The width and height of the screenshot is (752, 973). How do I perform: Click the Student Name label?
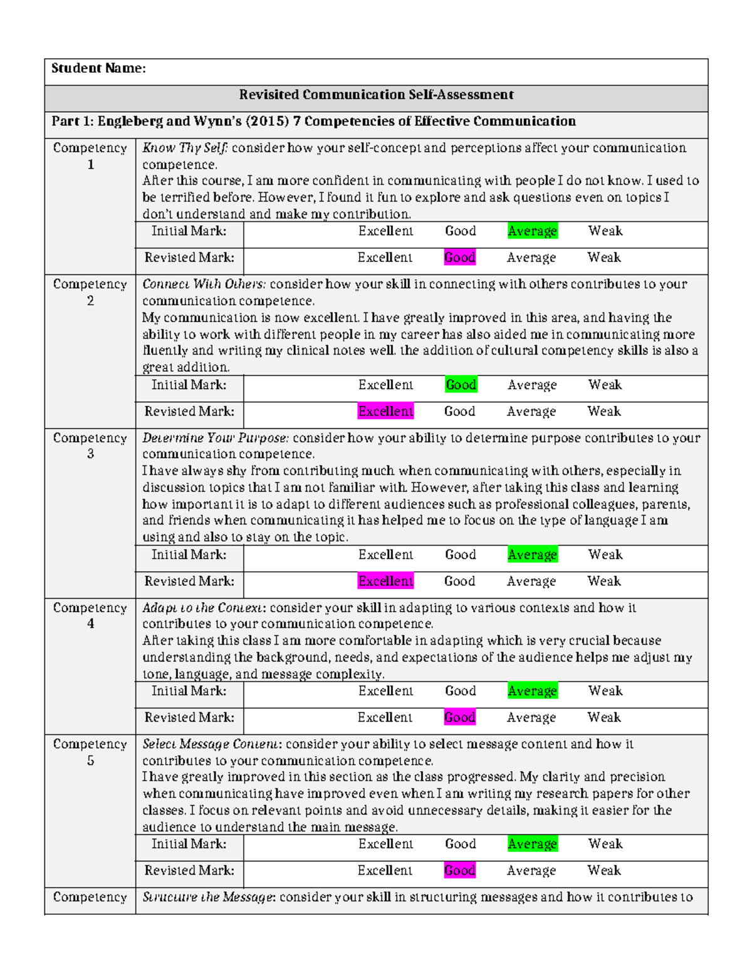[x=98, y=68]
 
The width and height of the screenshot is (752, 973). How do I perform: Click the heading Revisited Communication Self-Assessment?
[x=376, y=95]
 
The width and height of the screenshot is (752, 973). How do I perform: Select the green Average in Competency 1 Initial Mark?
[x=532, y=231]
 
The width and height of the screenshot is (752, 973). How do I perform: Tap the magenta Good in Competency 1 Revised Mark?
[x=460, y=258]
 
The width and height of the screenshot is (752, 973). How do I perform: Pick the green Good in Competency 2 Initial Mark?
[x=461, y=385]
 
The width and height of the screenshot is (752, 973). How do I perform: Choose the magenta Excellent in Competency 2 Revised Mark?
[x=385, y=412]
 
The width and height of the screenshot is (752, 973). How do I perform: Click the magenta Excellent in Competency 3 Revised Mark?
[x=385, y=581]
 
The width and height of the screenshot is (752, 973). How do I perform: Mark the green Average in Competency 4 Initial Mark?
[x=532, y=691]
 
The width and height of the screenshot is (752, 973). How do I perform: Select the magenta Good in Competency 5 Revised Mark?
[x=460, y=870]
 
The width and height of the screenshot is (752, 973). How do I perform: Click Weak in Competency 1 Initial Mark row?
[x=605, y=231]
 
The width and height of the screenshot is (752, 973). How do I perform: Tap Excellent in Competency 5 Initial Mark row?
[x=385, y=844]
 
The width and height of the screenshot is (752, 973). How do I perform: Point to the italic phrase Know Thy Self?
[x=185, y=148]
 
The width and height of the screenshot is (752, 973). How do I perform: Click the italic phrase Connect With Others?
[x=204, y=284]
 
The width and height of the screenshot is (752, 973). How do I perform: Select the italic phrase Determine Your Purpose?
[x=216, y=438]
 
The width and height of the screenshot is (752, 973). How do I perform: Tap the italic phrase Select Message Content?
[x=212, y=744]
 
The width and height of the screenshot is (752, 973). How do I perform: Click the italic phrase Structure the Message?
[x=209, y=897]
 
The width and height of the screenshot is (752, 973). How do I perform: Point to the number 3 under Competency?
[x=90, y=454]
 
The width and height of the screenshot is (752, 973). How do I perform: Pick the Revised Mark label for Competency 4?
[x=189, y=717]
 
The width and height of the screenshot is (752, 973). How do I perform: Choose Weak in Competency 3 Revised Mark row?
[x=604, y=581]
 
